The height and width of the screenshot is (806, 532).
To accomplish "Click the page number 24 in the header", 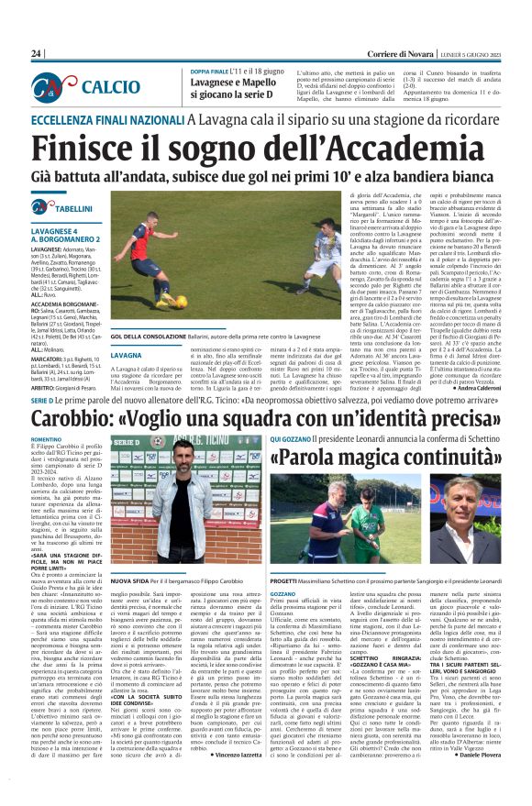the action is pos(37,54).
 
